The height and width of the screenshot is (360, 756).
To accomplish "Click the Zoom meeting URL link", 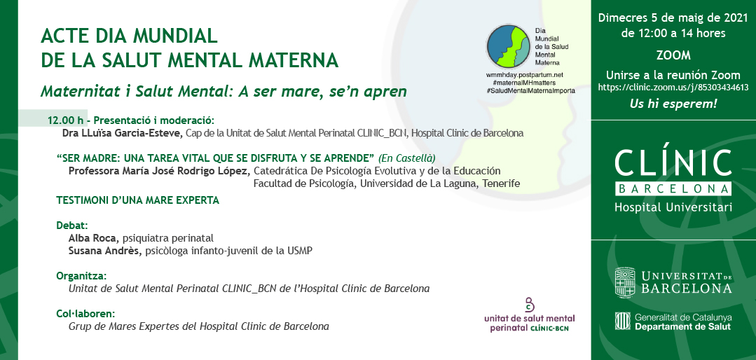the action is (673, 88).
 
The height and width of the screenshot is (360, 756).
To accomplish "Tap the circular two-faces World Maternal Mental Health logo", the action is (508, 46).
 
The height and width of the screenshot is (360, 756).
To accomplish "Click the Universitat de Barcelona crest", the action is (625, 282).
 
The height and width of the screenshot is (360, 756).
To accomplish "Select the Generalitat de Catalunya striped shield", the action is (622, 321).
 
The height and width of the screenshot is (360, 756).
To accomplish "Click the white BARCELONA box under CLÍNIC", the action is (673, 189).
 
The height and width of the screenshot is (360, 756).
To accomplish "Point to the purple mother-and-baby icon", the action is (530, 305).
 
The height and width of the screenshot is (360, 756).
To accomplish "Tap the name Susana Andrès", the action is (105, 251).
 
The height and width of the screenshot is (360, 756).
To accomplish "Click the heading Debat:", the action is (72, 225).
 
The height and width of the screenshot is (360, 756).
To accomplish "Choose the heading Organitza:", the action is (81, 276).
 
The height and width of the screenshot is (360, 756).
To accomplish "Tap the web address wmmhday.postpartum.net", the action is (524, 76).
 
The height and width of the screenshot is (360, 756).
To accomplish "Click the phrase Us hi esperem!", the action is (673, 104).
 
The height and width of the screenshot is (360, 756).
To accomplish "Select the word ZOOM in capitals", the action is (673, 56).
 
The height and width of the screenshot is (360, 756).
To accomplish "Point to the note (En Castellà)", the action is (407, 158).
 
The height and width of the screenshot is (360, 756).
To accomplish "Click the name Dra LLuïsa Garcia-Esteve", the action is (123, 133).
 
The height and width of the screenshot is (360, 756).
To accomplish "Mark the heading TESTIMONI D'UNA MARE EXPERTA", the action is (138, 200).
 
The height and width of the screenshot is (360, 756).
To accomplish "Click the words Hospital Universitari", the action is (673, 207).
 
